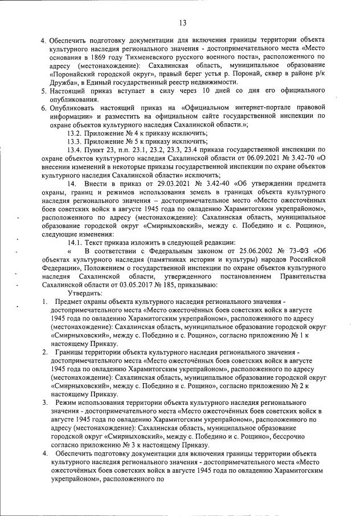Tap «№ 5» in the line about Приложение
pos(134,143)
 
